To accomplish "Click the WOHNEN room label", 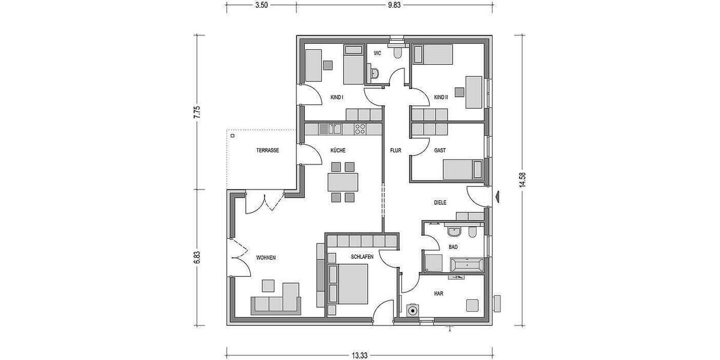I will pos(266,257).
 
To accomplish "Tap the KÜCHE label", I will pos(338,151).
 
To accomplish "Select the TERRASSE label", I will pos(268,151).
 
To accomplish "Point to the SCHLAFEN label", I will pos(362,257).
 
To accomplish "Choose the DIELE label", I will pos(440,203).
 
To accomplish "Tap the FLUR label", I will pos(395,151).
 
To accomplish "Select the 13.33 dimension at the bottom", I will pos(359,355).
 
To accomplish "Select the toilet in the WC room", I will pos(397,54).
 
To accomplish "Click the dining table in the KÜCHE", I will pos(343,181).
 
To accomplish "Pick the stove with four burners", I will pos(361,128).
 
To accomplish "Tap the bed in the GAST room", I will pos(462,169).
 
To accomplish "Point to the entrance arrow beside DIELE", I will pos(497,195).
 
